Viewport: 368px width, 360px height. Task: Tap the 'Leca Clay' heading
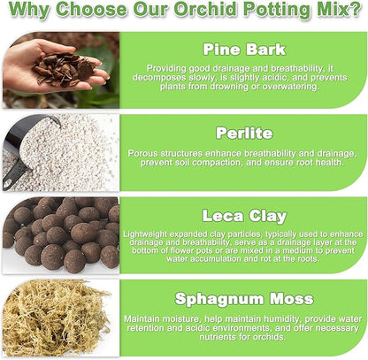tap(243, 215)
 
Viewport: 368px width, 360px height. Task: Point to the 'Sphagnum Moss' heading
tap(243, 298)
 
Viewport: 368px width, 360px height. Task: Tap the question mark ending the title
tap(356, 12)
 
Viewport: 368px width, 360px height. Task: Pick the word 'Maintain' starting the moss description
tap(143, 318)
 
